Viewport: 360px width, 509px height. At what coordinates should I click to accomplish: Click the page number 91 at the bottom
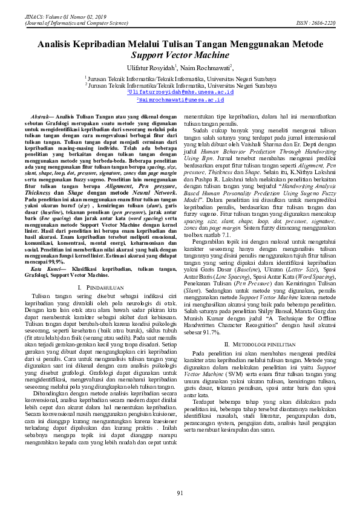pyautogui.click(x=180, y=494)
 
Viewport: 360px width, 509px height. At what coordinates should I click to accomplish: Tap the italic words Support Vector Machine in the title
pyautogui.click(x=180, y=55)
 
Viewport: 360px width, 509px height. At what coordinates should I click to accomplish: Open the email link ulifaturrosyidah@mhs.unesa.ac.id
pyautogui.click(x=180, y=93)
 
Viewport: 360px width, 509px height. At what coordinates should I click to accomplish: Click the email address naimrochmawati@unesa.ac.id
pyautogui.click(x=180, y=101)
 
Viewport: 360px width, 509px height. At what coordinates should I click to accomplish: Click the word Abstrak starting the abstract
pyautogui.click(x=40, y=115)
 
